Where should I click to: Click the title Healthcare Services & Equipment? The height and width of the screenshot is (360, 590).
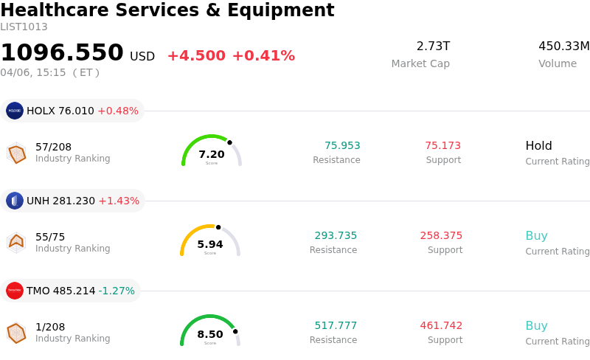click(x=167, y=11)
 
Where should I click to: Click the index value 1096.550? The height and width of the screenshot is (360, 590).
click(x=62, y=53)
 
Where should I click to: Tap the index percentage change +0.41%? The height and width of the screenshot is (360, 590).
click(x=263, y=56)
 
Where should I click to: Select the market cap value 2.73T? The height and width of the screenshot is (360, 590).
click(x=433, y=46)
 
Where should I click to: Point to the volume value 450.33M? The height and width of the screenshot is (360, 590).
click(x=563, y=46)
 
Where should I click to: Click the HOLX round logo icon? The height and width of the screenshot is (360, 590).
click(x=15, y=111)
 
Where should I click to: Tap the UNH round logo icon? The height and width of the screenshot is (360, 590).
click(x=15, y=201)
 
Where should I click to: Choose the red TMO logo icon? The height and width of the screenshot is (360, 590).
click(x=15, y=291)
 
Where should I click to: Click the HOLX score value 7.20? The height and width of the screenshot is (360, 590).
click(x=212, y=154)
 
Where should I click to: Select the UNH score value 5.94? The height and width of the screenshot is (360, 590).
click(x=210, y=244)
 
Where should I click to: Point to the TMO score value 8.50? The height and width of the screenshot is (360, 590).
click(x=210, y=334)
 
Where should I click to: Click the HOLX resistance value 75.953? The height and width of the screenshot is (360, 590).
click(x=342, y=146)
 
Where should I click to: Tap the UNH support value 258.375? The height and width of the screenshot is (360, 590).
click(x=441, y=236)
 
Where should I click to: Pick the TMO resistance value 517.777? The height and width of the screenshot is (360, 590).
click(x=336, y=326)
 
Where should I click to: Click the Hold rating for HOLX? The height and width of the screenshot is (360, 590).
click(x=538, y=146)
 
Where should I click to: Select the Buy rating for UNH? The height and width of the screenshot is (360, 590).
click(x=536, y=236)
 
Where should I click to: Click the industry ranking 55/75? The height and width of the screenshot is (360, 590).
click(x=50, y=237)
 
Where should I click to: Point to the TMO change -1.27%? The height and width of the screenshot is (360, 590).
click(x=118, y=291)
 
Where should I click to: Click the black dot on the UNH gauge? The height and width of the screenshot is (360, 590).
click(x=218, y=227)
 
